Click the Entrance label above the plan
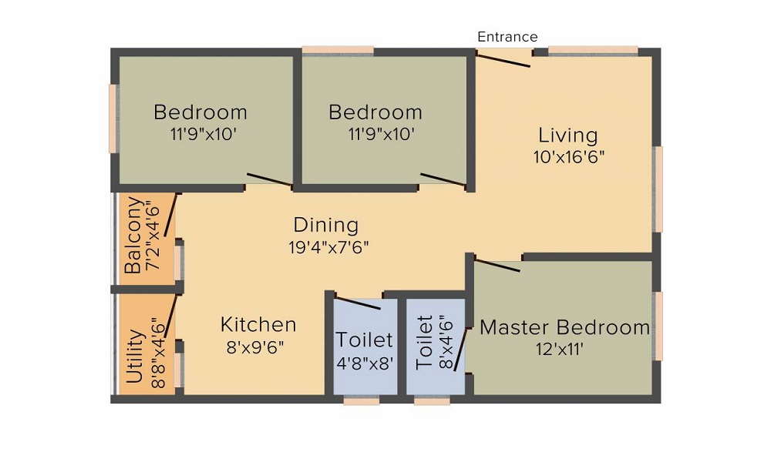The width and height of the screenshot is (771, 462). tap(507, 37)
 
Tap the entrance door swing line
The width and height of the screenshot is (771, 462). tap(503, 60)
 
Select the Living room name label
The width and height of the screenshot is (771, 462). tap(568, 135)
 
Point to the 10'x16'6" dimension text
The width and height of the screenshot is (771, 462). tap(569, 157)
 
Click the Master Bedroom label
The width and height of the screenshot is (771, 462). tap(564, 327)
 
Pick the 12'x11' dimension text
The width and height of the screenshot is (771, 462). tap(560, 350)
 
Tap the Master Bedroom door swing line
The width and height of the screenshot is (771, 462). tap(497, 265)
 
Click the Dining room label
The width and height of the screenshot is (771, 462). tap(326, 226)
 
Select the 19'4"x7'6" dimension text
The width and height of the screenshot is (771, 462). tap(328, 247)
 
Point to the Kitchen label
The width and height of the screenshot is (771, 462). tap(258, 325)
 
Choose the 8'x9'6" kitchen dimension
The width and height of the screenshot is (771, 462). tap(254, 347)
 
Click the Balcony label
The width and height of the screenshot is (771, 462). tap(133, 235)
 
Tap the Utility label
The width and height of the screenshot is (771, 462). tap(135, 357)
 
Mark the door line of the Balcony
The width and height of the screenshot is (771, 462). tap(170, 215)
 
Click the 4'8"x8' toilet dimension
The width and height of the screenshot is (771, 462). tap(365, 363)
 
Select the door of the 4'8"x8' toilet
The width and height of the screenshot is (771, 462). tap(358, 303)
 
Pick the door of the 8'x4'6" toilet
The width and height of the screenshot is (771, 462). tap(460, 349)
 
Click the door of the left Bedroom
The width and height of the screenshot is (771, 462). tap(269, 180)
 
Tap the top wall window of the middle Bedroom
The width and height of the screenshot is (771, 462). tap(338, 50)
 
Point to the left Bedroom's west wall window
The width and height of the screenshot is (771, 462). tap(113, 119)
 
